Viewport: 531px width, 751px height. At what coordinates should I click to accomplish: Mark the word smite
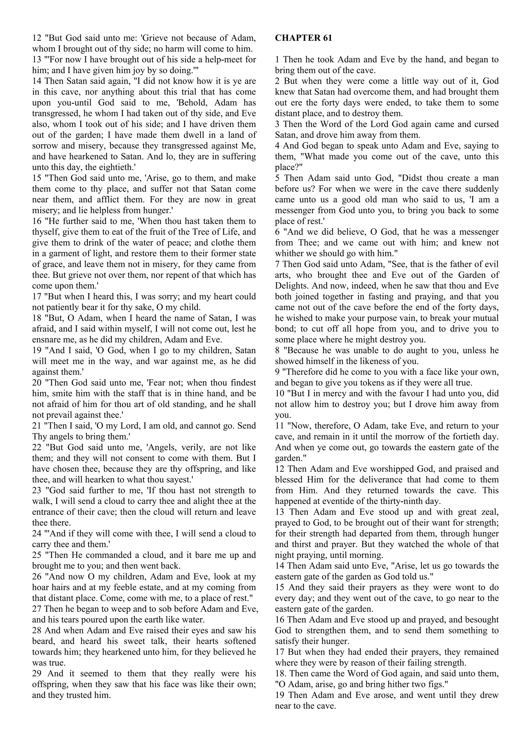[53, 393]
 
